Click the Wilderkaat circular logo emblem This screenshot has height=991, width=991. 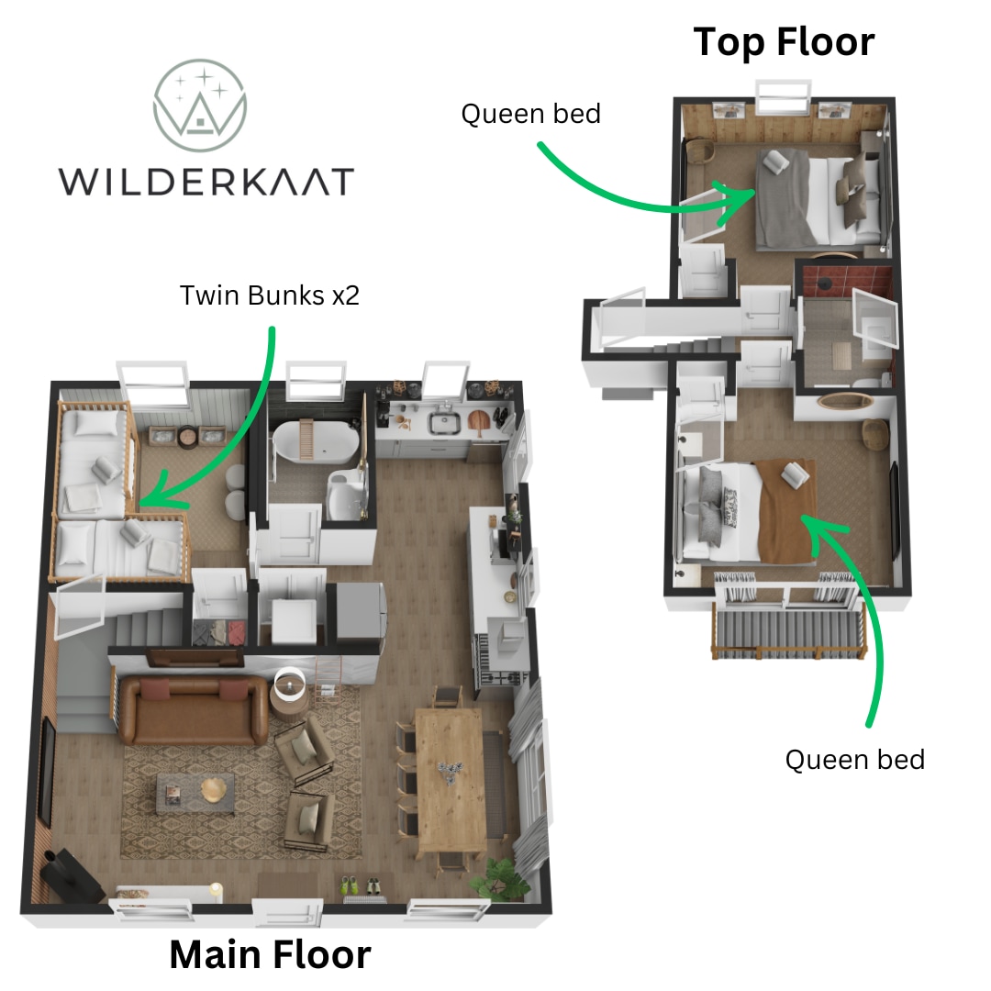pos(200,106)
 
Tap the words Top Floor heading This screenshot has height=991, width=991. pos(784,42)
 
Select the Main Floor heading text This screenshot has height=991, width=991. pos(270,954)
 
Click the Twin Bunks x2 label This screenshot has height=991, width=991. pos(269,295)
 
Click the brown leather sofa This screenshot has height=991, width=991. pos(193,709)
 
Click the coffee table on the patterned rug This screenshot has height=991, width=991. pos(195,793)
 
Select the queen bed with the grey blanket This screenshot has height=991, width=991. pos(818,198)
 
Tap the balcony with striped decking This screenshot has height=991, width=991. pos(789,629)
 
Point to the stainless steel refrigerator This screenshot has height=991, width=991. pos(361,612)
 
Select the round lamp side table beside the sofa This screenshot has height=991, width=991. pos(289,694)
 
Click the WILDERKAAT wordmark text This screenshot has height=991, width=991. pos(206,182)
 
